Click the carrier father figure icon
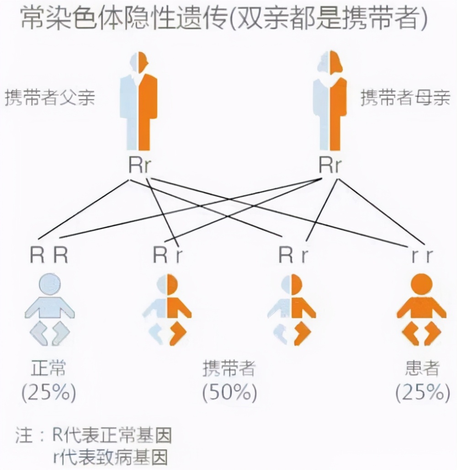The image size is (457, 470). pyautogui.click(x=139, y=103)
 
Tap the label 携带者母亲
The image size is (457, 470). pyautogui.click(x=405, y=97)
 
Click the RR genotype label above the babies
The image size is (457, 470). pyautogui.click(x=49, y=256)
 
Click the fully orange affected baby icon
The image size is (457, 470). pyautogui.click(x=421, y=309)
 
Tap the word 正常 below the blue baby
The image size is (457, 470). pyautogui.click(x=49, y=369)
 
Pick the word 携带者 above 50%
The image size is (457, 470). pyautogui.click(x=229, y=369)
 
